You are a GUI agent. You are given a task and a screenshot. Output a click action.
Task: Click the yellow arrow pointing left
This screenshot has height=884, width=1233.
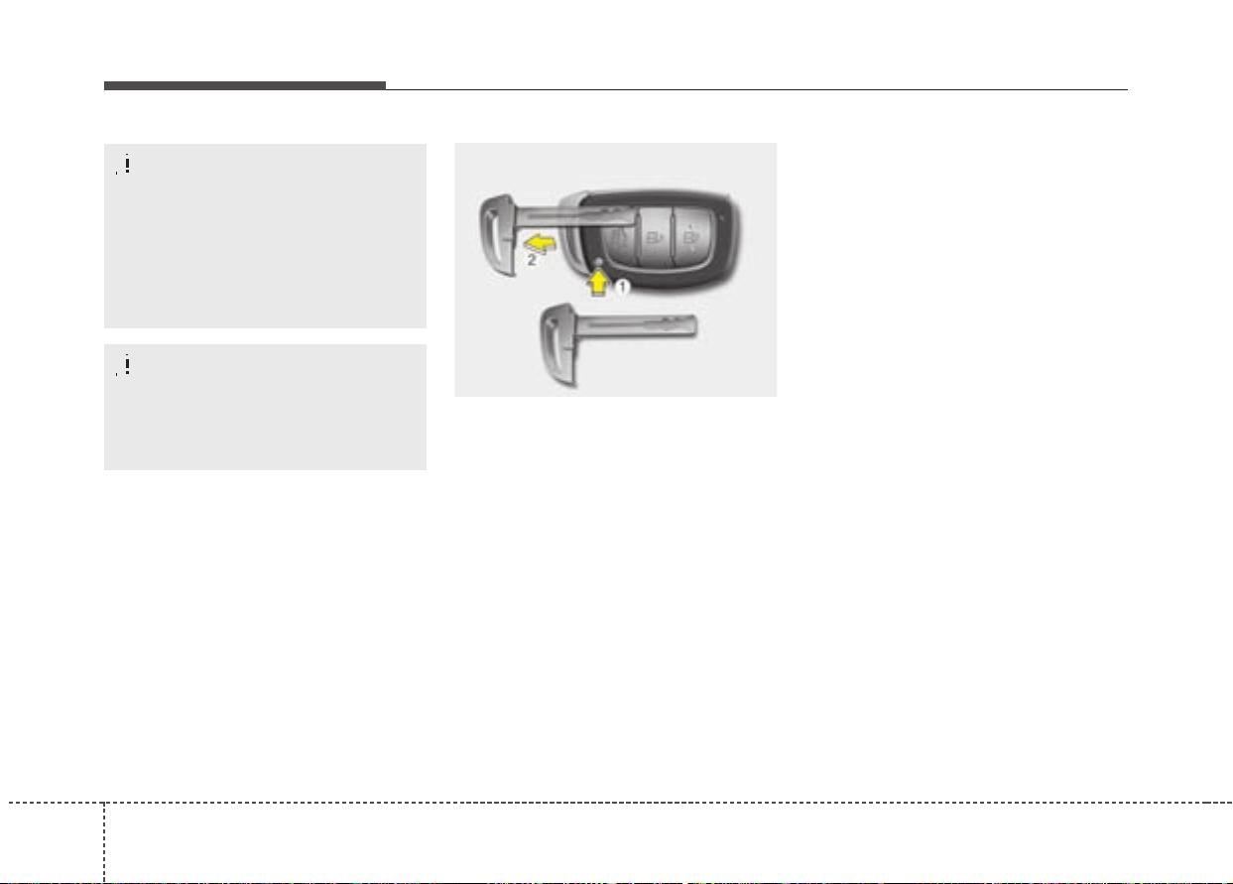pyautogui.click(x=540, y=243)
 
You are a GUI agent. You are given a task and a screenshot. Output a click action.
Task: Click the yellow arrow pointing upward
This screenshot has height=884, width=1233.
pyautogui.click(x=598, y=282)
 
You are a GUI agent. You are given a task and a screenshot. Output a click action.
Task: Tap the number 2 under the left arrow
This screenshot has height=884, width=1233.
pyautogui.click(x=531, y=260)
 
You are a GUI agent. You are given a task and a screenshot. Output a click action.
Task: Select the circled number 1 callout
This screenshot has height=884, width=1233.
pyautogui.click(x=622, y=287)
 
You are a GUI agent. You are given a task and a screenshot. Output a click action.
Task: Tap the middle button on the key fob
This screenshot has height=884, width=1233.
pyautogui.click(x=655, y=238)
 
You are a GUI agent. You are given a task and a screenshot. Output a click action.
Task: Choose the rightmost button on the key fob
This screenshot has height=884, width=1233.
pyautogui.click(x=691, y=237)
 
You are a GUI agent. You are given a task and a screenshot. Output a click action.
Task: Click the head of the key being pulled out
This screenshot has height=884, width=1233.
pyautogui.click(x=497, y=233)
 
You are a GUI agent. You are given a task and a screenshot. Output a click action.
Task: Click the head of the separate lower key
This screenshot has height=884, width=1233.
pyautogui.click(x=558, y=345)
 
